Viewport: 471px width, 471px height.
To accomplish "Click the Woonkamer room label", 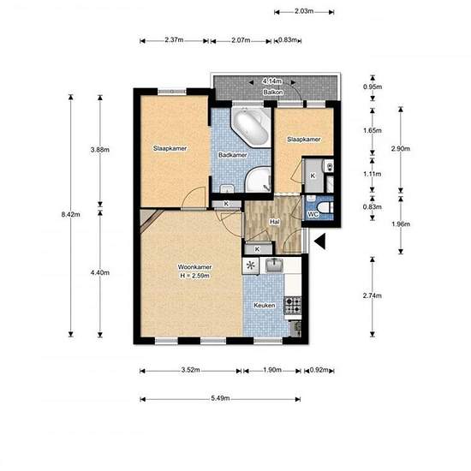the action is (x=194, y=266).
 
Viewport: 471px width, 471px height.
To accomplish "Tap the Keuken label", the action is (x=265, y=306).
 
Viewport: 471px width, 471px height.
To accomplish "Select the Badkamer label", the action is (x=233, y=155).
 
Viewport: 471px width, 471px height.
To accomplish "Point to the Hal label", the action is (x=275, y=222).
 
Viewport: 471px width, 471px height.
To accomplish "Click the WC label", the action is (x=313, y=214).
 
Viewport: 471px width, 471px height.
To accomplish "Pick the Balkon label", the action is (x=273, y=92).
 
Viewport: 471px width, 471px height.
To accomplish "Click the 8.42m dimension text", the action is (x=70, y=214).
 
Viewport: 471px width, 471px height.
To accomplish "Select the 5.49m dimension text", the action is (x=220, y=398).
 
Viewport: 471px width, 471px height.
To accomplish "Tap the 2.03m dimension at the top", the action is (x=304, y=11).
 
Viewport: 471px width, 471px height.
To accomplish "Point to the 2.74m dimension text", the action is (x=373, y=296).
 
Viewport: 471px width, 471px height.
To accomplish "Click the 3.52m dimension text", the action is (x=190, y=370).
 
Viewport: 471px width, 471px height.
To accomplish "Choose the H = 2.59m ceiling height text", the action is (x=194, y=276).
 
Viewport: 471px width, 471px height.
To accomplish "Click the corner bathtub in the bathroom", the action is (x=251, y=127).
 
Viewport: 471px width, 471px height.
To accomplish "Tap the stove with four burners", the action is (x=293, y=305).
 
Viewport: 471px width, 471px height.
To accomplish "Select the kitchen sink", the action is (x=274, y=265).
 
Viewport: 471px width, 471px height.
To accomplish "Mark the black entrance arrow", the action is (x=319, y=241).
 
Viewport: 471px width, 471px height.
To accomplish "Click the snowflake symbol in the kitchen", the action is (x=251, y=265).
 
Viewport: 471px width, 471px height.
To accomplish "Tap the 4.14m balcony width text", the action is (x=272, y=81).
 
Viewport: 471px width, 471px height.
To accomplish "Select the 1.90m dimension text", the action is (x=272, y=370).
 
